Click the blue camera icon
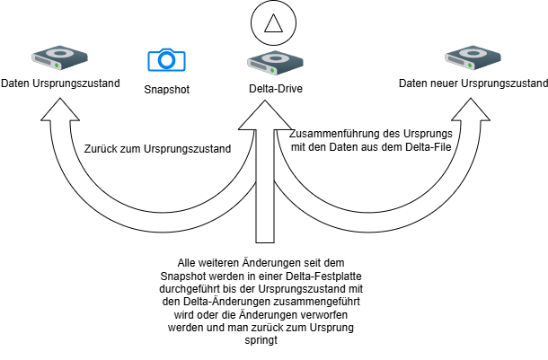166,60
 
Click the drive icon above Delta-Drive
267,62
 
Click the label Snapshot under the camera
166,89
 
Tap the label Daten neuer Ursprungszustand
473,84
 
